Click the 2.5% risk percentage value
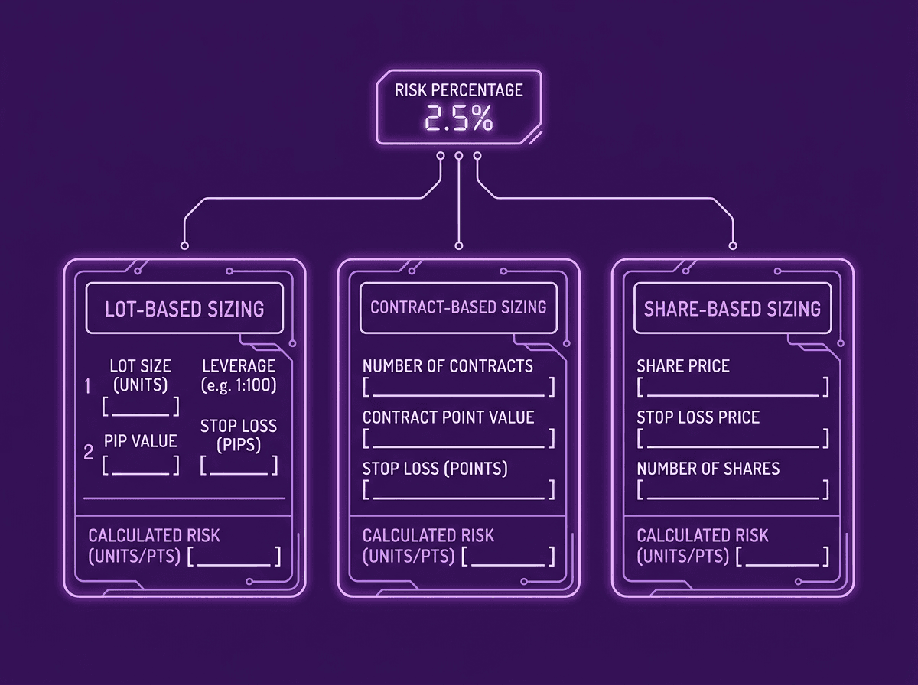tap(459, 119)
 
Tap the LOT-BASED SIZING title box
tap(184, 309)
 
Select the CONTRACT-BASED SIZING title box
tap(458, 307)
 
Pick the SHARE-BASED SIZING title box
tap(732, 309)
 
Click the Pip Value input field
tap(141, 466)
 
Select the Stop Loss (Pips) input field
tap(239, 466)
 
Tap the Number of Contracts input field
tap(458, 387)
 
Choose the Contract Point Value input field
tap(458, 439)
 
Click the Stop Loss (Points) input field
tap(458, 490)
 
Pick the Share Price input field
tap(732, 387)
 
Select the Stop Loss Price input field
tap(732, 439)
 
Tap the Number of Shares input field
tap(732, 490)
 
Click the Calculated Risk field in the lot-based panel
tap(234, 557)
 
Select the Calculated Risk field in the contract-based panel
tap(508, 557)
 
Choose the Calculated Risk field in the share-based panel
tap(782, 557)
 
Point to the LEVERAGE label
tap(239, 366)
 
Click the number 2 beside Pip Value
tap(89, 453)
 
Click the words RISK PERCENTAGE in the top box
tap(459, 90)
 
